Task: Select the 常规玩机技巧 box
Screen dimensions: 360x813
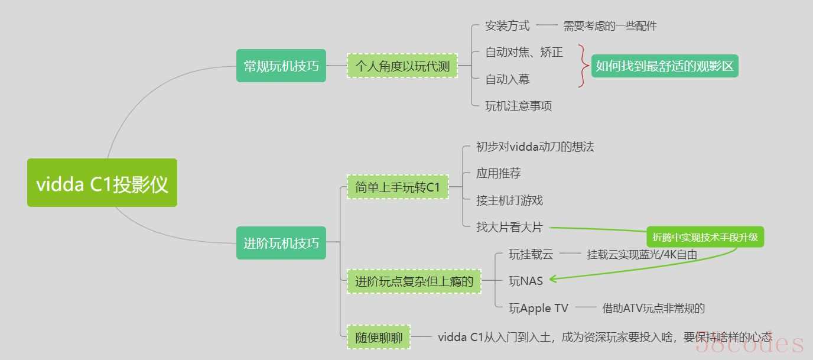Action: click(281, 66)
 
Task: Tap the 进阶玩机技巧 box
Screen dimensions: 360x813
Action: click(281, 242)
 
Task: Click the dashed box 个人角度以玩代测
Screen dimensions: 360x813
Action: click(402, 66)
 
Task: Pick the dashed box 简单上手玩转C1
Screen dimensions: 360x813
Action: click(398, 187)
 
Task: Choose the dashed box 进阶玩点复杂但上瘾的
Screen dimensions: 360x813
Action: click(414, 281)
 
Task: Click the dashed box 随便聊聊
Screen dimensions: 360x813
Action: click(379, 337)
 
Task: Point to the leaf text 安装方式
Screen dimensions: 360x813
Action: click(508, 26)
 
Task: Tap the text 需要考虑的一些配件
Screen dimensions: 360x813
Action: click(610, 26)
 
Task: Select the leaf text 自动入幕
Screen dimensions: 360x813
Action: click(508, 79)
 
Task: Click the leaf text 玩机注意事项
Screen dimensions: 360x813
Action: click(519, 106)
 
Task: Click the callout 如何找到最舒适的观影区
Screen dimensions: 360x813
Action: click(665, 66)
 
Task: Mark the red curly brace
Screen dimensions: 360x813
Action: click(583, 66)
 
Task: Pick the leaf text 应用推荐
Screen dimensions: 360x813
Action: click(499, 174)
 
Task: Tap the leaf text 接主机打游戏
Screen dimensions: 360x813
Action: click(509, 200)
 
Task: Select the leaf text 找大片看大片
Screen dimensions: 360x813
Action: click(509, 227)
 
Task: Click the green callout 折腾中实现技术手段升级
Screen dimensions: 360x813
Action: click(705, 238)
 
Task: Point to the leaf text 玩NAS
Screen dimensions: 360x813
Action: click(526, 281)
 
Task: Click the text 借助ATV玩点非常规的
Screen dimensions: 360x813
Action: click(653, 308)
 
